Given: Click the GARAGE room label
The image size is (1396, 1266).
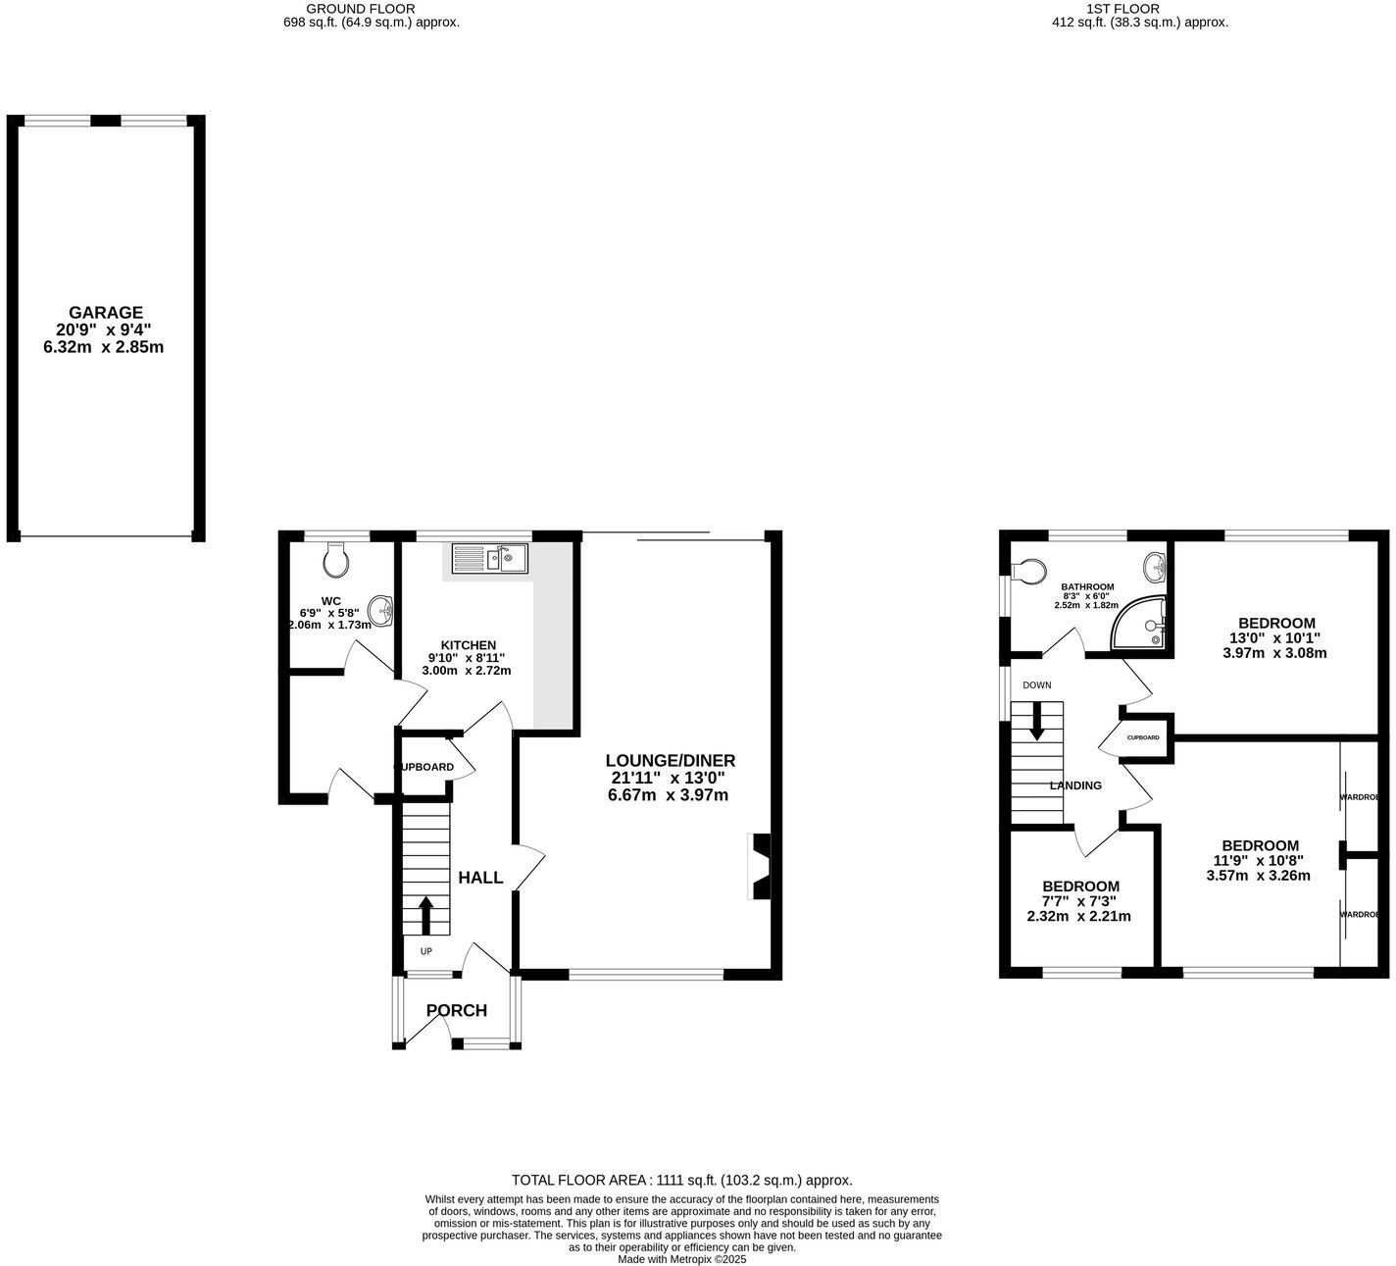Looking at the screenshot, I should coord(105,313).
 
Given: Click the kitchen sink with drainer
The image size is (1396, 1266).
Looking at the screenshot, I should coord(490,559).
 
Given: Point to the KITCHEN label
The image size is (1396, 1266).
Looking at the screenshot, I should coord(468,644).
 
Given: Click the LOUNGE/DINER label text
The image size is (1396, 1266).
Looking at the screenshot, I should coord(670,760).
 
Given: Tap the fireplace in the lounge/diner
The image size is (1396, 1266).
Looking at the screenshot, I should coord(760,866).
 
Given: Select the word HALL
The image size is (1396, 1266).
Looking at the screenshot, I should coord(480,878).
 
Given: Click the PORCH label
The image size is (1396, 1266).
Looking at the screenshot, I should coord(456,1010).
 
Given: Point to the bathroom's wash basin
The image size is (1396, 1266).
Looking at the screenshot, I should coord(1155,566).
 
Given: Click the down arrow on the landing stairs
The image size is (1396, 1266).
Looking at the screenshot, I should coord(1036,725).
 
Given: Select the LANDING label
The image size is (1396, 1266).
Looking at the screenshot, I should coord(1075,785).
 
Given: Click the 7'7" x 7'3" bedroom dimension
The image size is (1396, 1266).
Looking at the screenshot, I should coord(1078,901).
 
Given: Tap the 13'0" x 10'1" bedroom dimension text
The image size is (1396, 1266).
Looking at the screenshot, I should coord(1275,637).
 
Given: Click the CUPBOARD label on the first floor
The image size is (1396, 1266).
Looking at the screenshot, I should coord(1143,737).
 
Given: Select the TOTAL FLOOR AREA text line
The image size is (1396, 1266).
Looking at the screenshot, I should coord(681,1181).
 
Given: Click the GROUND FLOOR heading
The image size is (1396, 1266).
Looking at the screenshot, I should coord(361,9).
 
